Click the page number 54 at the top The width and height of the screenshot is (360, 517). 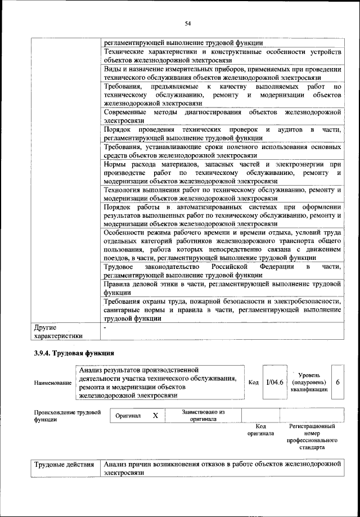[187, 23]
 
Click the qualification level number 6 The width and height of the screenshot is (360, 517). [337, 382]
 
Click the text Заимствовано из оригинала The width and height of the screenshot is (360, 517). [203, 415]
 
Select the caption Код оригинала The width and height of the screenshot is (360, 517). [260, 430]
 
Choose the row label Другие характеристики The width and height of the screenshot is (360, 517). [58, 331]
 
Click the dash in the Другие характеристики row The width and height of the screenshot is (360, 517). [105, 326]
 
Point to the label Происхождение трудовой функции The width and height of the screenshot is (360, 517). [67, 415]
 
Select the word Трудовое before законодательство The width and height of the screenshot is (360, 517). [119, 267]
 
